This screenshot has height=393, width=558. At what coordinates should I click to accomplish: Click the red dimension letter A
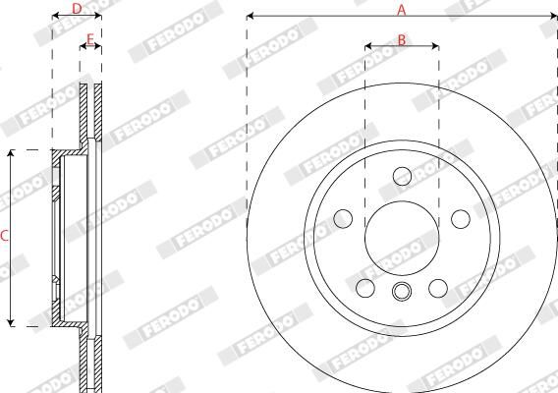coord(402,10)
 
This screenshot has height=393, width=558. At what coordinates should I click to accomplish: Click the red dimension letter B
coord(402,40)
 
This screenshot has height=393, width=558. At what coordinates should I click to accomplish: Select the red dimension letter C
coord(4,236)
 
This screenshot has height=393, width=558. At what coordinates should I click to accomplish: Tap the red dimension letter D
coord(77,9)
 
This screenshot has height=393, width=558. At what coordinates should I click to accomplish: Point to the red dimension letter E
coord(90,39)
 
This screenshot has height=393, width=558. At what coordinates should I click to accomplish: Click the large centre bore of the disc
coord(402,238)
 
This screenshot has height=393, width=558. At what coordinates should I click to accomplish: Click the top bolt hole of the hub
coord(403,176)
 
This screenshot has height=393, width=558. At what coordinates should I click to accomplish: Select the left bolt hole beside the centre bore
coord(343,218)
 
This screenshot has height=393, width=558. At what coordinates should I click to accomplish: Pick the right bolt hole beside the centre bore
coord(461,219)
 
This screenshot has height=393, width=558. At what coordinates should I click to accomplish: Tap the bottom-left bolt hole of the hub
coord(365,288)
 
